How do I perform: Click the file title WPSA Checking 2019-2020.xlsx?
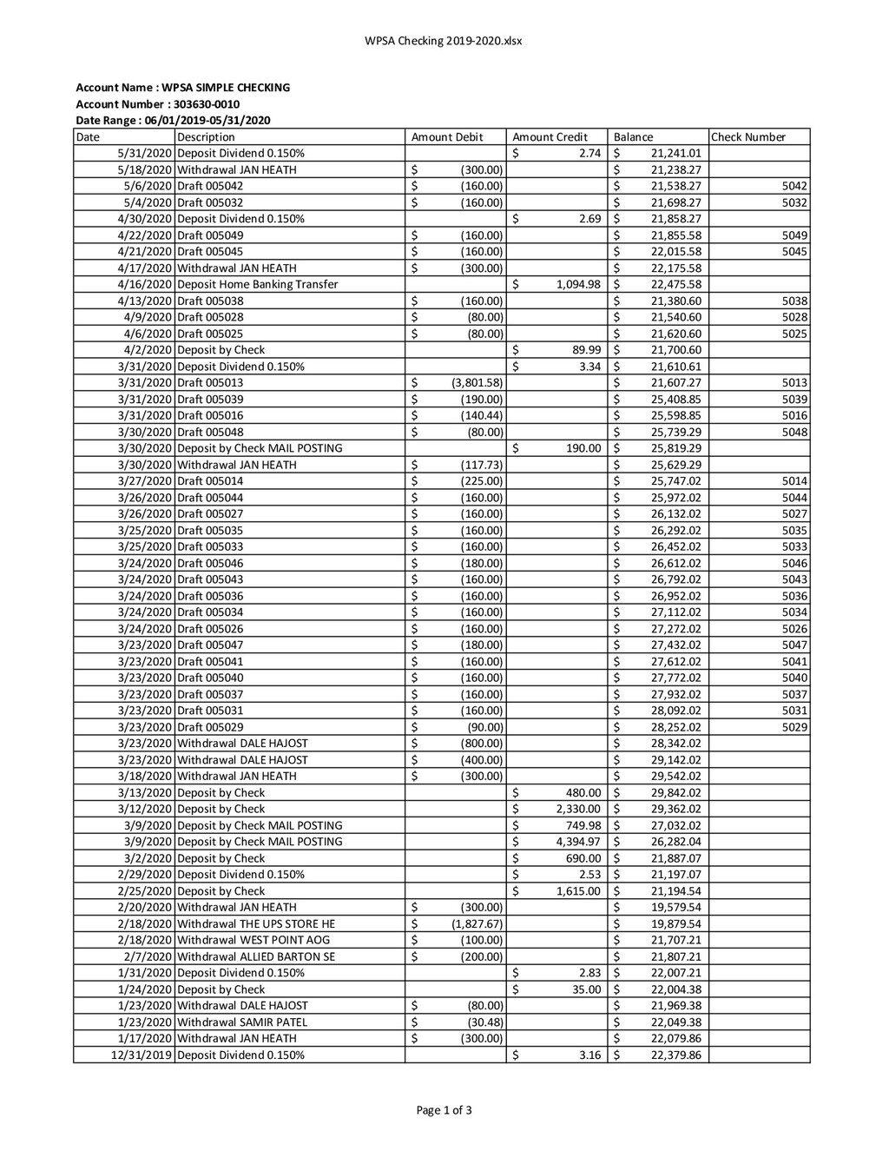click(x=444, y=41)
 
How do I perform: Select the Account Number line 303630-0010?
click(x=158, y=104)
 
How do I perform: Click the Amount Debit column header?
click(x=446, y=137)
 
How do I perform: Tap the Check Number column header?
click(x=748, y=137)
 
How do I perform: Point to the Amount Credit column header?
click(x=550, y=137)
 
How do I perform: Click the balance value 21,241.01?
click(x=675, y=154)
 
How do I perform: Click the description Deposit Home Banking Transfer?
click(x=258, y=285)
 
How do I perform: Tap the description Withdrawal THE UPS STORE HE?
click(x=256, y=923)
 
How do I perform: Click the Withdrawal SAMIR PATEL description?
click(x=242, y=1022)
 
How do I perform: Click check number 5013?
click(x=794, y=383)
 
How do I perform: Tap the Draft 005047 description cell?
click(x=210, y=645)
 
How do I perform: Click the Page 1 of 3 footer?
click(x=444, y=1109)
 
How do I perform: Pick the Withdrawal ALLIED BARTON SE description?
click(x=256, y=956)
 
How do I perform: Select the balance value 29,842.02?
click(x=675, y=793)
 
